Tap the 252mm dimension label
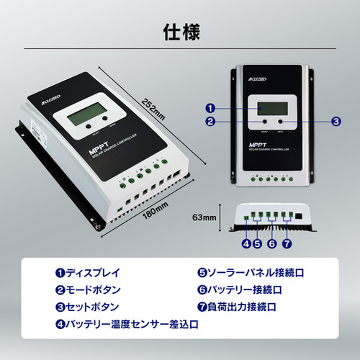(x=154, y=112)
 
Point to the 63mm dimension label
(x=204, y=215)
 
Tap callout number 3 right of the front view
(x=336, y=122)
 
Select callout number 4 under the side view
(x=246, y=243)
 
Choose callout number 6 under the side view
(x=271, y=243)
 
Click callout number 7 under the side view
(x=287, y=243)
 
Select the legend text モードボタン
(x=91, y=291)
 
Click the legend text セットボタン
(x=91, y=307)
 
